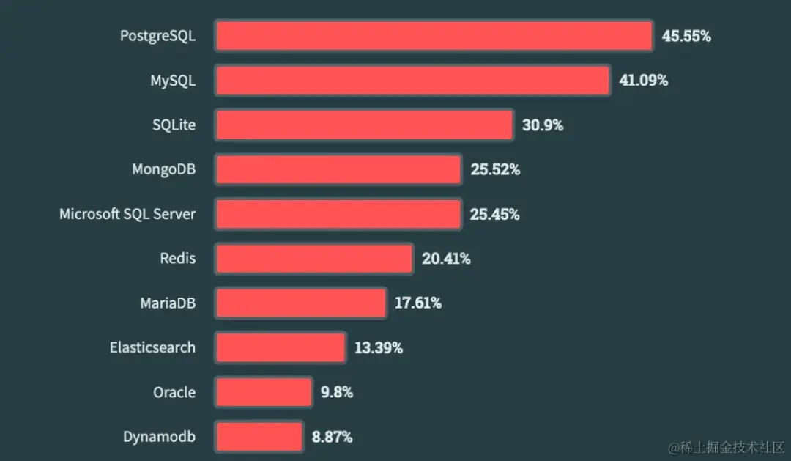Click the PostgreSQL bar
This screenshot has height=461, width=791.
tap(434, 36)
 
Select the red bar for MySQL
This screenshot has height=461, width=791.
tap(412, 81)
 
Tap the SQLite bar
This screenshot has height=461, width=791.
tap(364, 125)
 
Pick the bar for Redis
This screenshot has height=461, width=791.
tap(314, 259)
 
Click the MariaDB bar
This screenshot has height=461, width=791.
tap(300, 303)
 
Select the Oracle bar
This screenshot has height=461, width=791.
tap(264, 392)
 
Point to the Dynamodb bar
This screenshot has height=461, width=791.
tap(259, 437)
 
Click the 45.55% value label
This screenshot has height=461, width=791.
tap(686, 36)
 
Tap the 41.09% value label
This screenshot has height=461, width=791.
tap(643, 81)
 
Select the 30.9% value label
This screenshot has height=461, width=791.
tap(543, 125)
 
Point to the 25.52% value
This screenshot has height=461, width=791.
tap(495, 170)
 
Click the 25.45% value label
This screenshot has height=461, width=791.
tap(495, 215)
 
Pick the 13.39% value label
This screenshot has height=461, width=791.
tap(378, 348)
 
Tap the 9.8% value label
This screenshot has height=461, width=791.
tap(337, 392)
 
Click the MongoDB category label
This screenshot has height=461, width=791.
tap(163, 170)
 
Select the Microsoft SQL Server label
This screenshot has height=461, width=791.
tap(127, 215)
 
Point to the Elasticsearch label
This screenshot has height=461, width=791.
tap(152, 348)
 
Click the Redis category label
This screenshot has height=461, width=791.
tap(178, 259)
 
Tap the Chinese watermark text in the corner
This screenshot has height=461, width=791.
tap(725, 446)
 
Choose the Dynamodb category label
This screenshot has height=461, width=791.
tap(159, 437)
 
